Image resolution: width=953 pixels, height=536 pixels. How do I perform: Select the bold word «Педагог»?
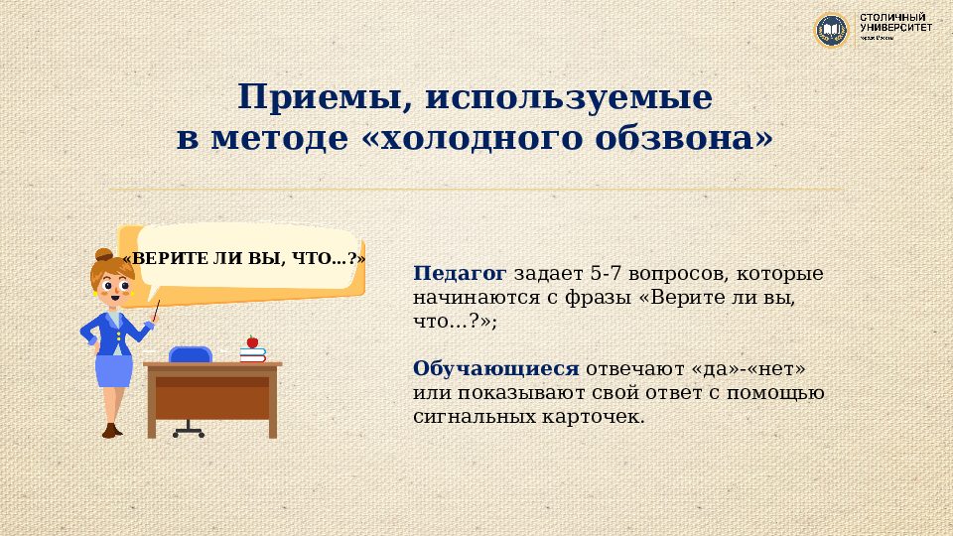(460, 273)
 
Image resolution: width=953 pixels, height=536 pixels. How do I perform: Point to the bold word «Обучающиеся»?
(496, 369)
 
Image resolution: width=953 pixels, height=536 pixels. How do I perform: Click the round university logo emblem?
(832, 30)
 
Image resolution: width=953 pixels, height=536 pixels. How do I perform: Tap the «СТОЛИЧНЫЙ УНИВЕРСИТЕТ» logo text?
(895, 24)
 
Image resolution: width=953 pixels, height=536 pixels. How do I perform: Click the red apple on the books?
(252, 341)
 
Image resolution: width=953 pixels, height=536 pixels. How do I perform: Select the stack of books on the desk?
(252, 353)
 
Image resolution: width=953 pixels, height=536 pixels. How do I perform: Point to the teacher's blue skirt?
(113, 370)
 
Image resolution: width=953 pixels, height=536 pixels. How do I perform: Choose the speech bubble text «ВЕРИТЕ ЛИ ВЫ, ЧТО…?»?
(243, 258)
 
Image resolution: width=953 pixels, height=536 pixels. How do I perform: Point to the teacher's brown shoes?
(111, 430)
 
